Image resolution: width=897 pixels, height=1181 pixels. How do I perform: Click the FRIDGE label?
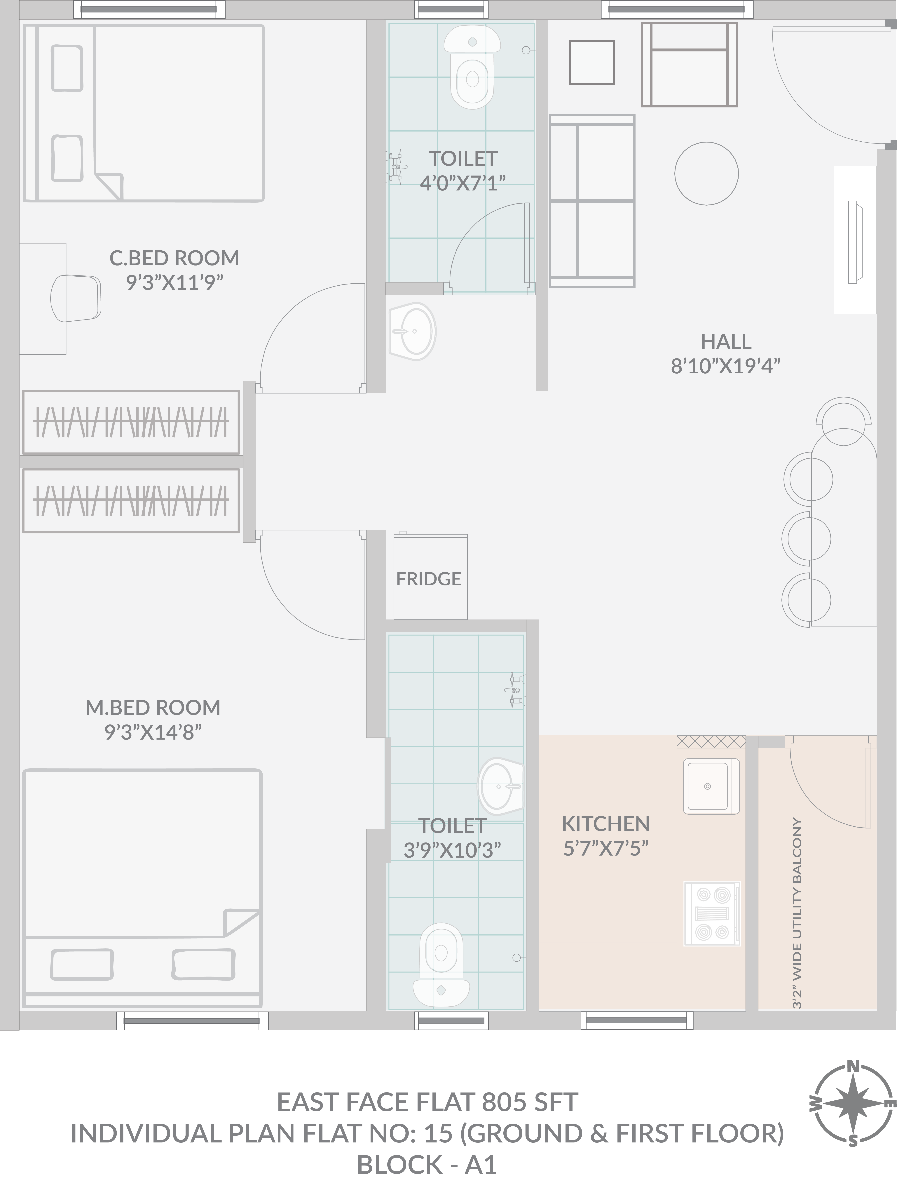tap(428, 579)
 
